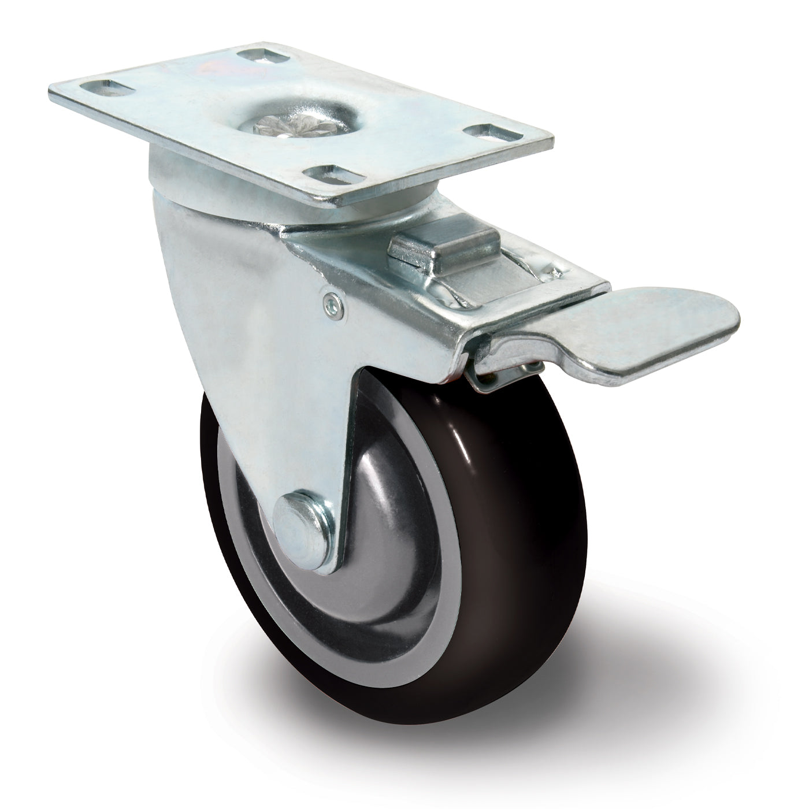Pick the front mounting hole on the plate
pyautogui.click(x=328, y=173)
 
